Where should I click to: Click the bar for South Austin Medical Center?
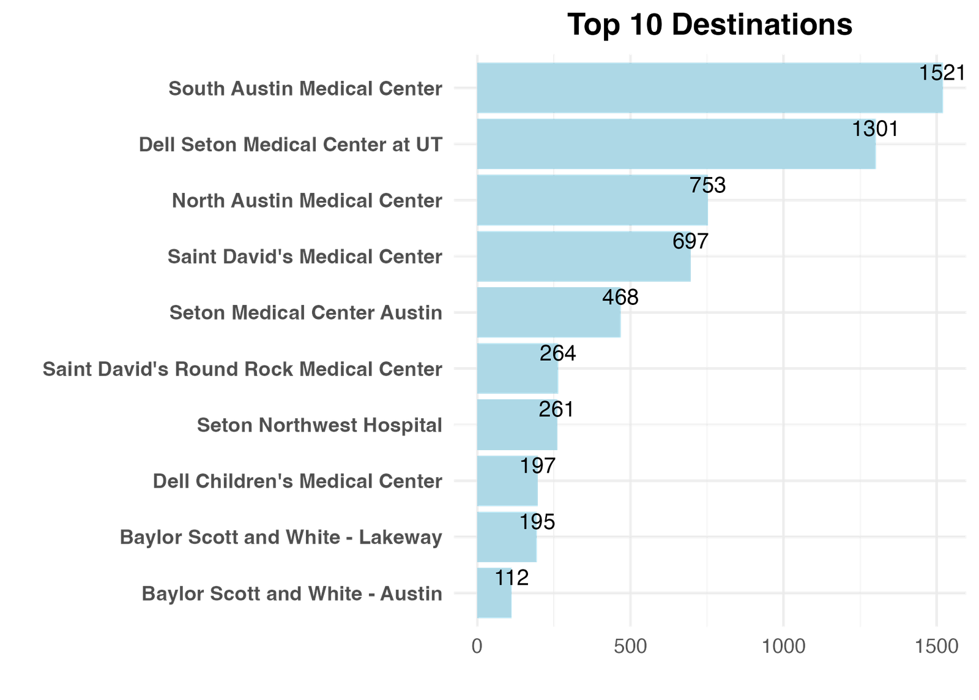[710, 88]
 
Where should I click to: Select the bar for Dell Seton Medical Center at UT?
[676, 144]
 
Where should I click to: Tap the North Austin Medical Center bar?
[592, 200]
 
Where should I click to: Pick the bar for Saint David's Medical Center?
[583, 256]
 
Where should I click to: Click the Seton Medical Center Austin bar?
[549, 312]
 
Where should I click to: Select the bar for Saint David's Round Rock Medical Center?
[518, 369]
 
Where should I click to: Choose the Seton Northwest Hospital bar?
[517, 425]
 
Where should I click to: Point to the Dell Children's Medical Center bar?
[507, 481]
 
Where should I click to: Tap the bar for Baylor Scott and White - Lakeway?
[507, 537]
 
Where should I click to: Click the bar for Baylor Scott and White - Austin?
[494, 593]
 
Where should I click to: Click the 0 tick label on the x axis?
[477, 647]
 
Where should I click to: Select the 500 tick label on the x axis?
[630, 647]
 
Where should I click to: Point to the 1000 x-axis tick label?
[783, 647]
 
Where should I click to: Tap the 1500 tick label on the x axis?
[936, 647]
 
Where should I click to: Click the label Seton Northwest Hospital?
[319, 425]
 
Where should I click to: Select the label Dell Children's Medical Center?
[297, 481]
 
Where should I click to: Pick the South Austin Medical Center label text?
[305, 89]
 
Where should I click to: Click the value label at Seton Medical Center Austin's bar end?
[619, 298]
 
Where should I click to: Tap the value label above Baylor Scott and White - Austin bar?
[504, 578]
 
